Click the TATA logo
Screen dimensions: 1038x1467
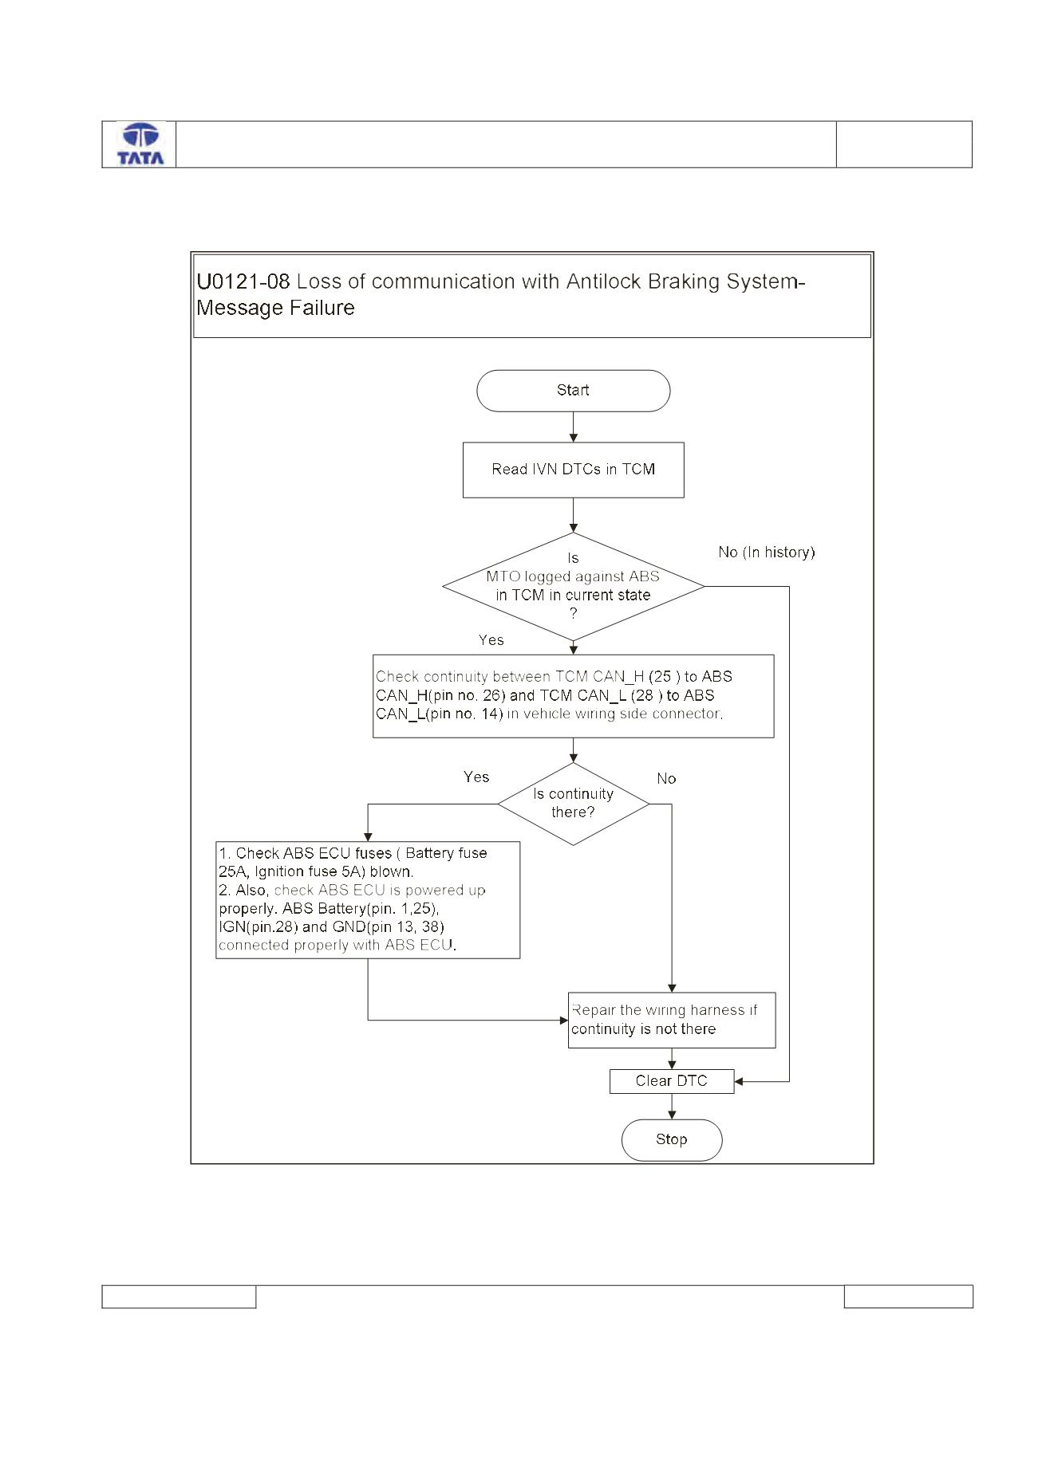pyautogui.click(x=140, y=144)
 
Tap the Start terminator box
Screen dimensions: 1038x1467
pyautogui.click(x=573, y=391)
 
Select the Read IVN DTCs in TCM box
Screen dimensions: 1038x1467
pyautogui.click(x=573, y=470)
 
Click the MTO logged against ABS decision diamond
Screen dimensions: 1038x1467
pyautogui.click(x=573, y=587)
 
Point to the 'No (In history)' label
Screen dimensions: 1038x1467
pyautogui.click(x=766, y=552)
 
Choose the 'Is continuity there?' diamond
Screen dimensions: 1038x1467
pyautogui.click(x=573, y=804)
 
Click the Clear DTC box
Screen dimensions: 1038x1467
pyautogui.click(x=671, y=1081)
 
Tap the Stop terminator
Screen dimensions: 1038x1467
pyautogui.click(x=671, y=1140)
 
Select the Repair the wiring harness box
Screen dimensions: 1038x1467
pyautogui.click(x=671, y=1020)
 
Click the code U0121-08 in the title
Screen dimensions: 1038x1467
pyautogui.click(x=243, y=281)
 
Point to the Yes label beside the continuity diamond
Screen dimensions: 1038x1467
pyautogui.click(x=476, y=777)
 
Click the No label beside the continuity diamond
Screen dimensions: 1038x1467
pyautogui.click(x=666, y=779)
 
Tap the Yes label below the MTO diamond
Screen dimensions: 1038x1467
pyautogui.click(x=491, y=640)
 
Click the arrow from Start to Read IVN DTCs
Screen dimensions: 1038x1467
pyautogui.click(x=573, y=427)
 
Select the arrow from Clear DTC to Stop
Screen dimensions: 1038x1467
pyautogui.click(x=672, y=1107)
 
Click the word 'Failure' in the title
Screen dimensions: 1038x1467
pyautogui.click(x=324, y=308)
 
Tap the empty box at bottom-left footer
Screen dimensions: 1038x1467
pyautogui.click(x=179, y=1296)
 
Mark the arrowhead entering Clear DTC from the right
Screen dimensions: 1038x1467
pyautogui.click(x=738, y=1082)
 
